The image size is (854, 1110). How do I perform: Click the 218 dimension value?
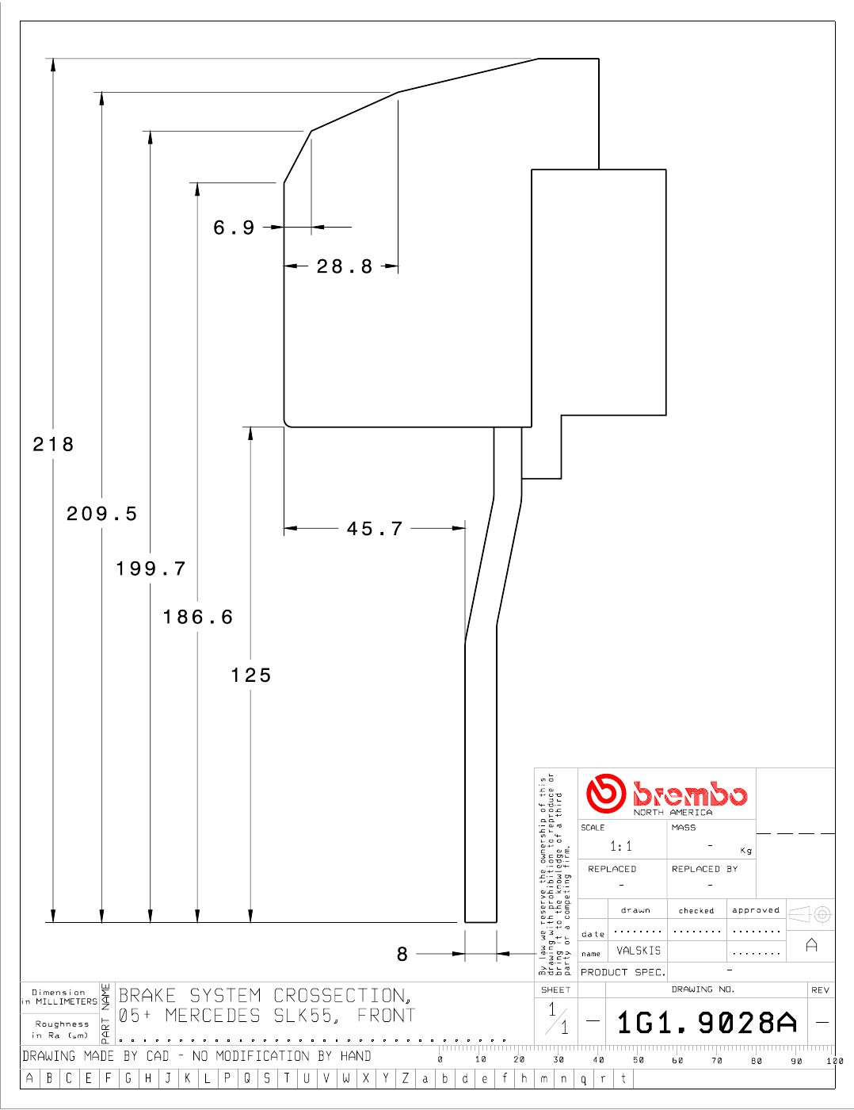[54, 445]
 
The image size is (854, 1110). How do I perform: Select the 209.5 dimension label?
[102, 514]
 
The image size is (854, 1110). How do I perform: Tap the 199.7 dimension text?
[151, 568]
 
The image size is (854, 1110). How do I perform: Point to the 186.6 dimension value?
[198, 617]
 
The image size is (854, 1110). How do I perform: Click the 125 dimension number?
[251, 676]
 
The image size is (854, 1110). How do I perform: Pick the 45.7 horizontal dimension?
[375, 529]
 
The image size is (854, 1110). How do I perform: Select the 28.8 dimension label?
[345, 266]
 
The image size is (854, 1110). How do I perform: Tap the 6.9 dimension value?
[234, 228]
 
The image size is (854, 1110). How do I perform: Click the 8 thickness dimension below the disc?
[402, 954]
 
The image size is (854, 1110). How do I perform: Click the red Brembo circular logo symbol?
[605, 794]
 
